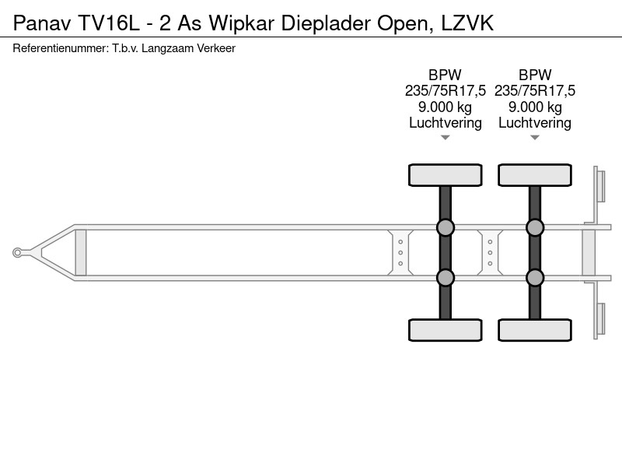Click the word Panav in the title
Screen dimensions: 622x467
(42, 23)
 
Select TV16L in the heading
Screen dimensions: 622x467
(109, 23)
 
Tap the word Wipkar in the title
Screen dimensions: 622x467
(242, 24)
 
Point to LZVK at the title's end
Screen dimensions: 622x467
(467, 23)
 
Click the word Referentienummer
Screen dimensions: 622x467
(61, 48)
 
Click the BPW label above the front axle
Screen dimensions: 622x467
(445, 75)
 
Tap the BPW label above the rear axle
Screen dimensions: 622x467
(535, 75)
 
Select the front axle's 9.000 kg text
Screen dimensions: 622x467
(445, 107)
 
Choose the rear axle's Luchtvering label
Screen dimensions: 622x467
(535, 123)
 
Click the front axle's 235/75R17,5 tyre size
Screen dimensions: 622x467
(445, 91)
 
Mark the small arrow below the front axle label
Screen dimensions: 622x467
(445, 138)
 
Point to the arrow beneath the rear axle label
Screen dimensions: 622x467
(535, 138)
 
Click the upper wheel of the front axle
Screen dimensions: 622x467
(445, 175)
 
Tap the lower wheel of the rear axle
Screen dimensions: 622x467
(535, 330)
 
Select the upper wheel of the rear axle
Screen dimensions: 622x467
(535, 175)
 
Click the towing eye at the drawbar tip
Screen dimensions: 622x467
(17, 252)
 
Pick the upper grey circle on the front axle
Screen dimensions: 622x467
(445, 227)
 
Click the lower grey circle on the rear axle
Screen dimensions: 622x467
(535, 278)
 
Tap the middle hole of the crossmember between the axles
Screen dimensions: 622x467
(491, 252)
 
